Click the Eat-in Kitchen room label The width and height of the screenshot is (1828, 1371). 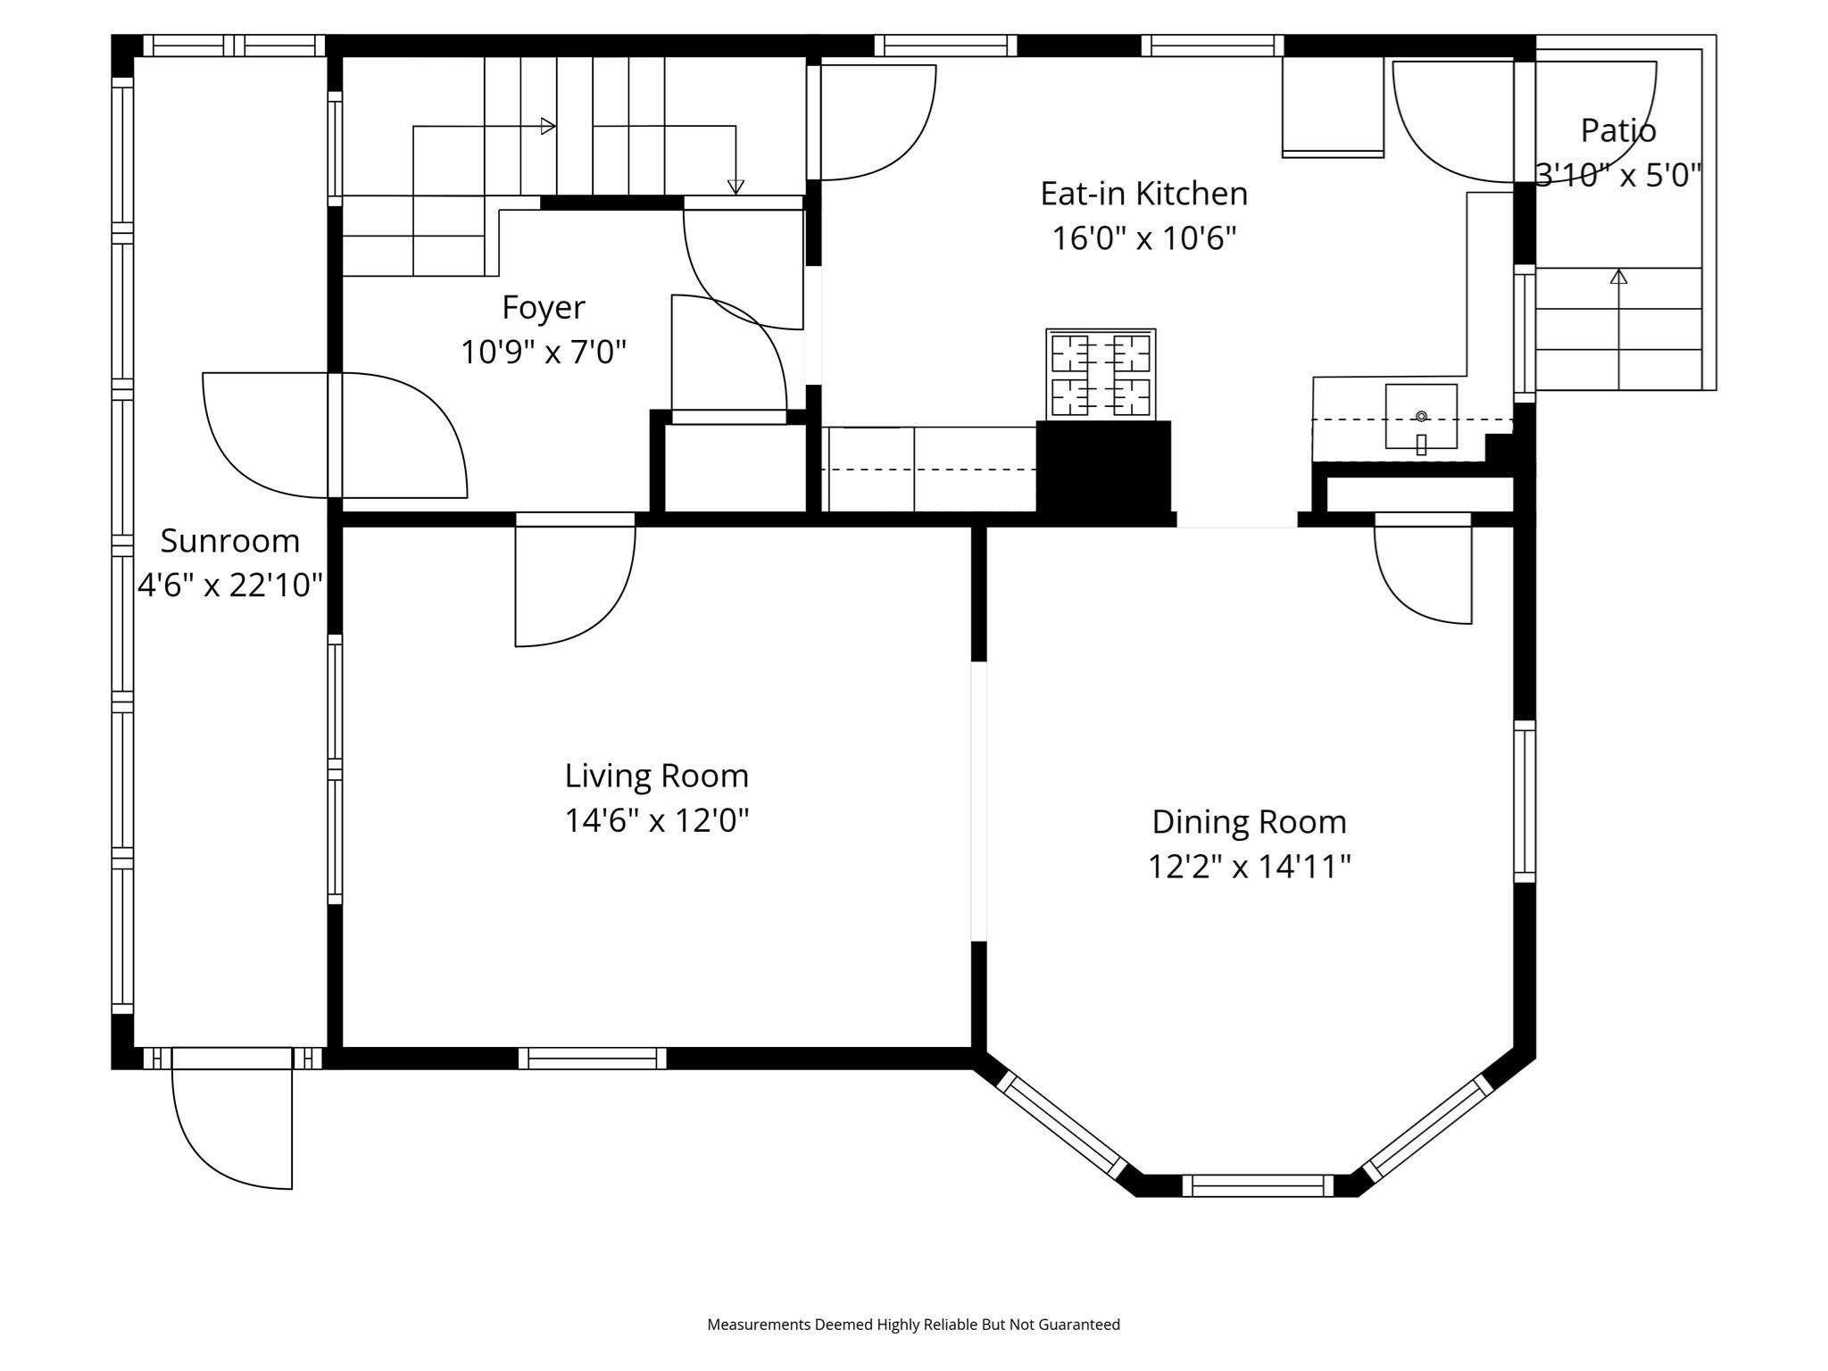(1143, 194)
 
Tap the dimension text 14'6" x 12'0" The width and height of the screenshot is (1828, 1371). (656, 820)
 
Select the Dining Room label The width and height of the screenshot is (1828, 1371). (1249, 822)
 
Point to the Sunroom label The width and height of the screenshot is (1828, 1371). (230, 541)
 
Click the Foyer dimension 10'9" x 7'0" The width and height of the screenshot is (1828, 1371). (543, 353)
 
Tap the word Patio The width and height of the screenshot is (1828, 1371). (1617, 131)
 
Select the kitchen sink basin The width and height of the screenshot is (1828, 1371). (1421, 417)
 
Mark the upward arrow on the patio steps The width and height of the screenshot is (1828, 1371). (1618, 278)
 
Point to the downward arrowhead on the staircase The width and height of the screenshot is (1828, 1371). (735, 187)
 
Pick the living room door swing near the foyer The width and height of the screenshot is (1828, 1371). (575, 585)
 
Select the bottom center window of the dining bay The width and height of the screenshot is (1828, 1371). (1258, 1185)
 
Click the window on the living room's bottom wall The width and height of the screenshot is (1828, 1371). (593, 1059)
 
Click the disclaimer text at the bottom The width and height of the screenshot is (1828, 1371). (913, 1325)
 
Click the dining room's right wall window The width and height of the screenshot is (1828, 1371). (1525, 801)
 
